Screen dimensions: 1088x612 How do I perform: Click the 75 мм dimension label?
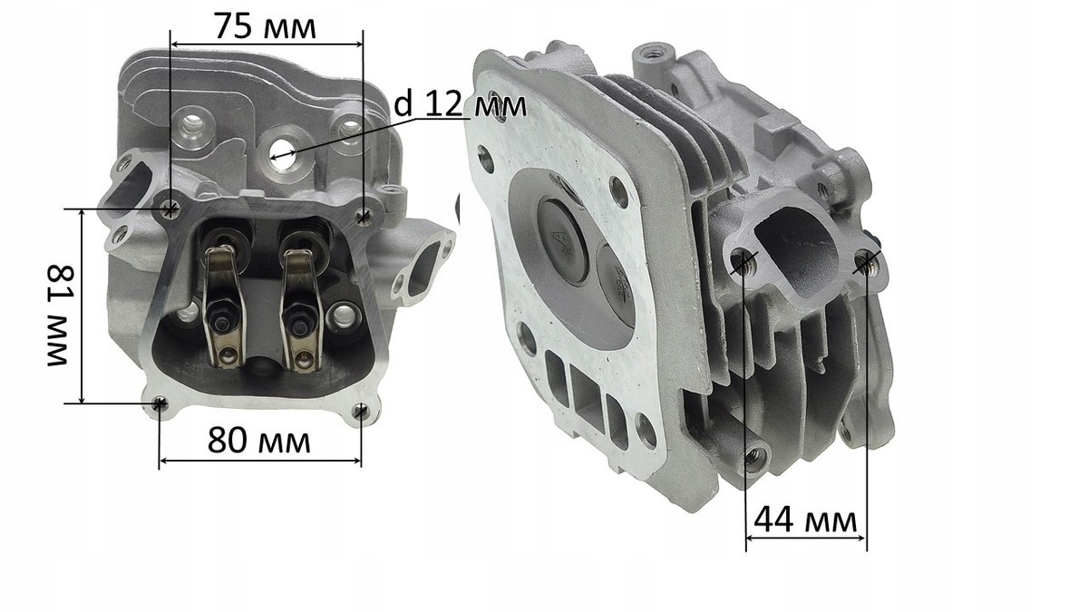[x=265, y=26]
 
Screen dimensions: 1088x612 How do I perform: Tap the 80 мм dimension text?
[x=259, y=441]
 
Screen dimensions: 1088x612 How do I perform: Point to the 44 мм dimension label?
[x=805, y=520]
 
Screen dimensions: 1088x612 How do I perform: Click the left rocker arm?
[x=223, y=307]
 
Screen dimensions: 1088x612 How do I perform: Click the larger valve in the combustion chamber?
[x=564, y=240]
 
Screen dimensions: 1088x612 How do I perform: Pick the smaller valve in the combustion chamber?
[x=616, y=285]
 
